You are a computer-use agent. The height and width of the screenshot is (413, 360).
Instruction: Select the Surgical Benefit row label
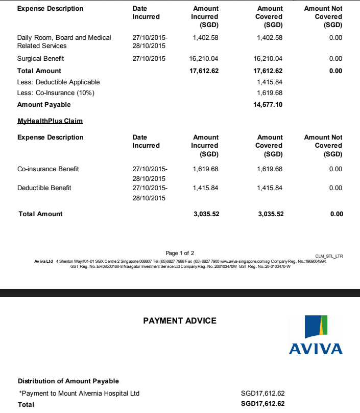pos(41,59)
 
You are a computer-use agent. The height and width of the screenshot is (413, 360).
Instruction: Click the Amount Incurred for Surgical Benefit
pos(204,59)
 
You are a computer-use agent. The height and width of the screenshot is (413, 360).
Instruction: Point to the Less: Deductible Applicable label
pos(59,82)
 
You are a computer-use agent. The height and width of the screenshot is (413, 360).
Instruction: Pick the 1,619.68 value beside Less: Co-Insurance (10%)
pos(270,94)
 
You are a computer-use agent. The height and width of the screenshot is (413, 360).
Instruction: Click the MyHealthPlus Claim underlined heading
pos(50,121)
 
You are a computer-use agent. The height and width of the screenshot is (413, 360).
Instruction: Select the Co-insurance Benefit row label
pos(48,169)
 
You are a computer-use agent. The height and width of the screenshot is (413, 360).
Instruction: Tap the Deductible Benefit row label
pos(44,188)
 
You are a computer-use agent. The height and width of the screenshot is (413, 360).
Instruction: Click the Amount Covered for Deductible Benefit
pos(270,188)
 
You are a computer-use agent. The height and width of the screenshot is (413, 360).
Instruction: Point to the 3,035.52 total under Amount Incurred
pos(206,214)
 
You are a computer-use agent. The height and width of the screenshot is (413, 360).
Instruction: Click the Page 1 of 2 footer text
pos(180,253)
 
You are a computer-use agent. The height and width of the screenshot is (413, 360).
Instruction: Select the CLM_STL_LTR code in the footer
pos(329,256)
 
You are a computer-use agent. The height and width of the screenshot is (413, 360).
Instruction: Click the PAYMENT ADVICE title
pos(180,321)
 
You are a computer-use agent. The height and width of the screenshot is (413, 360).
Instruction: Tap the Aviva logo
pos(316,335)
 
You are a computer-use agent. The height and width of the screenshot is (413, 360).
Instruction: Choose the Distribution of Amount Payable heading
pos(68,381)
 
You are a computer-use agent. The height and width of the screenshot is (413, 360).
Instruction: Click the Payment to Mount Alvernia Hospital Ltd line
pos(79,394)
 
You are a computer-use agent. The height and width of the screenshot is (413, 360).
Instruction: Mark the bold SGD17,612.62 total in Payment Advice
pos(262,404)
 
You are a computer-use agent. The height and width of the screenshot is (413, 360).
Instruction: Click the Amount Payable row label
pos(44,105)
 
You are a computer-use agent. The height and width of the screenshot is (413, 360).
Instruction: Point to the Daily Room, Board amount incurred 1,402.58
pos(206,38)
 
